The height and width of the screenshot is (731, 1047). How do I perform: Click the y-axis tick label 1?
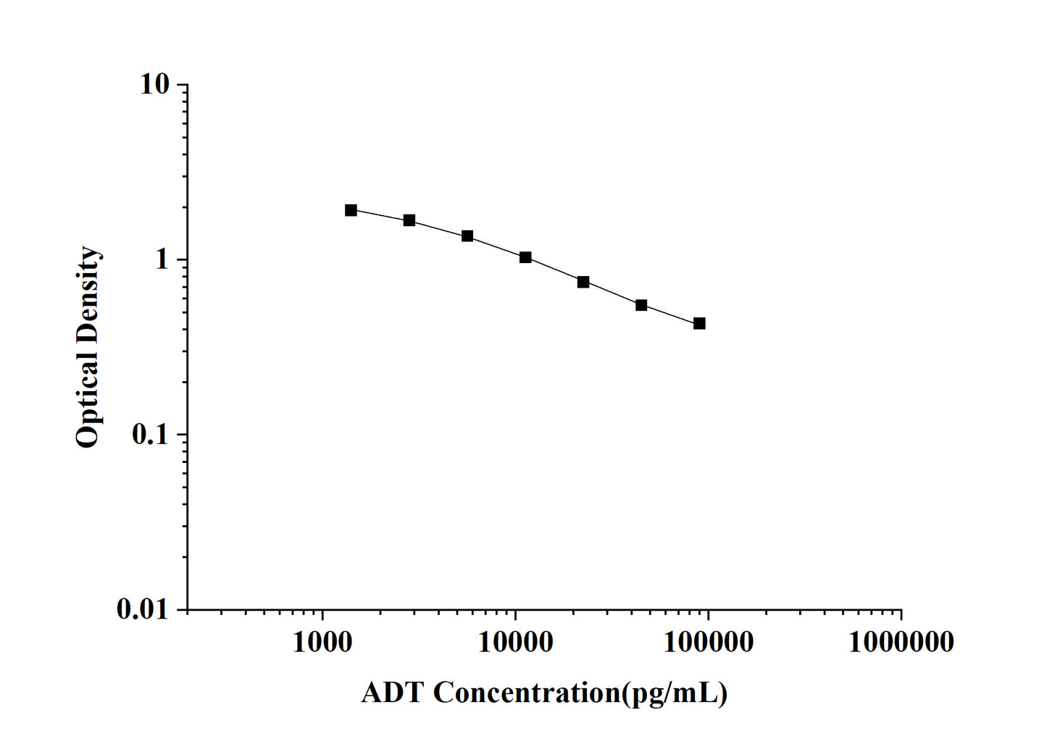[x=161, y=260]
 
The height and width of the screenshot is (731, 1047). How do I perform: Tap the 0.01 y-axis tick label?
[x=142, y=610]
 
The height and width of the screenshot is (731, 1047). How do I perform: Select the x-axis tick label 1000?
[x=322, y=641]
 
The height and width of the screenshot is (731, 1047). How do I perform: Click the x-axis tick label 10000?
[x=515, y=641]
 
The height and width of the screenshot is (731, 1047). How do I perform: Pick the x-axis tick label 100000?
[x=708, y=641]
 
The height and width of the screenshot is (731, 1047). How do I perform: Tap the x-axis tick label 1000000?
[x=901, y=641]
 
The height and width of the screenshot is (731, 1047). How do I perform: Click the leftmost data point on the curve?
[x=351, y=210]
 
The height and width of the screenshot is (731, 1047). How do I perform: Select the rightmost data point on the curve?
[x=699, y=323]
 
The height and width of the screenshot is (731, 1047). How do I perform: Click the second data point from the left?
[x=409, y=220]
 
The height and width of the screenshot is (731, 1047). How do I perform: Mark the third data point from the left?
[x=467, y=236]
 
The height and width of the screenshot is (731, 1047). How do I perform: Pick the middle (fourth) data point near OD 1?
[x=525, y=257]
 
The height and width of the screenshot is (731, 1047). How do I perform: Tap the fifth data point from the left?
[x=583, y=282]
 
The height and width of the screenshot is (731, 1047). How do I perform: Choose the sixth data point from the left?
[x=641, y=305]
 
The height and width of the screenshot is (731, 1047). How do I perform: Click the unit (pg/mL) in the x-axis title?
[x=674, y=693]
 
